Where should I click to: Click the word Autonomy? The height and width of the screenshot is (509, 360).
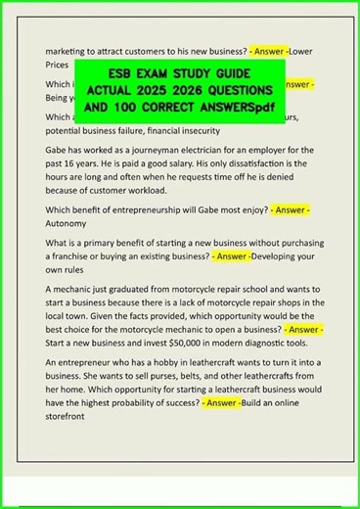coord(70,223)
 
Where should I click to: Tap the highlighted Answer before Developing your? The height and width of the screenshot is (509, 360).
coord(232,256)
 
